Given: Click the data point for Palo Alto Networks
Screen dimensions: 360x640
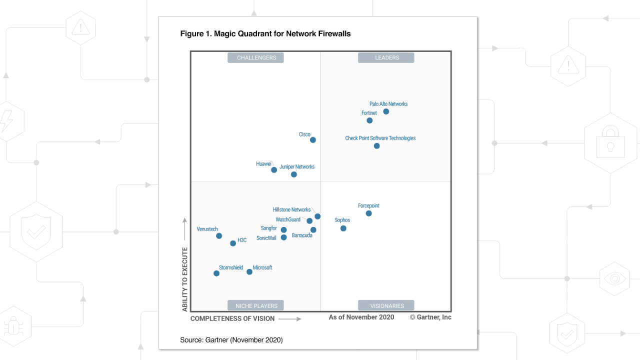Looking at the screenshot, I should click(386, 111).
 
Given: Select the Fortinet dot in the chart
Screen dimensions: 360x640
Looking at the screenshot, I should click(369, 120).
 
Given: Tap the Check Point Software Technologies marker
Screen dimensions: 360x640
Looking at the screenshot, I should click(376, 146).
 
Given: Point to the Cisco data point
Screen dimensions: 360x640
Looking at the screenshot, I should click(313, 140).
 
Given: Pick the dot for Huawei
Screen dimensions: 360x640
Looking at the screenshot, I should click(274, 170).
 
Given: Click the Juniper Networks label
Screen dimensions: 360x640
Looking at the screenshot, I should click(297, 166).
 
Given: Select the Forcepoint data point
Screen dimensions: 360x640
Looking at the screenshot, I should click(368, 213).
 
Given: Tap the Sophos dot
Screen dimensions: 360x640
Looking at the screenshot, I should click(343, 228).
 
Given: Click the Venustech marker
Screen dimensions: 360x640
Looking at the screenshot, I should click(219, 236).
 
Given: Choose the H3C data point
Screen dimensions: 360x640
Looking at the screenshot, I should click(233, 243).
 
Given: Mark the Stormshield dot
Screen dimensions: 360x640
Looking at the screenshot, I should click(216, 273).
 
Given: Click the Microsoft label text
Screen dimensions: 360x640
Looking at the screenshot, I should click(262, 267).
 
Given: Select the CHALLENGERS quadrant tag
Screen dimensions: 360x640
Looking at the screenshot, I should click(256, 57).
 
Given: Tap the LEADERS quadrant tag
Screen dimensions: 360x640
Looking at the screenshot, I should click(386, 57).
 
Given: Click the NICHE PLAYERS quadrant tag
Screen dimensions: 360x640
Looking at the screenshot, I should click(256, 305).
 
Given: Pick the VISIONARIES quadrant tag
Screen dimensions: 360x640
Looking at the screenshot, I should click(386, 305).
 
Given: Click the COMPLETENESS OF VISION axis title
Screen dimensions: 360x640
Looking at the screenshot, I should click(232, 318).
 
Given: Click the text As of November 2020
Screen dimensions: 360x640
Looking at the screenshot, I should click(361, 317).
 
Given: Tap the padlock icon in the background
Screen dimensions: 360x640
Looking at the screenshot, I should click(610, 143).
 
